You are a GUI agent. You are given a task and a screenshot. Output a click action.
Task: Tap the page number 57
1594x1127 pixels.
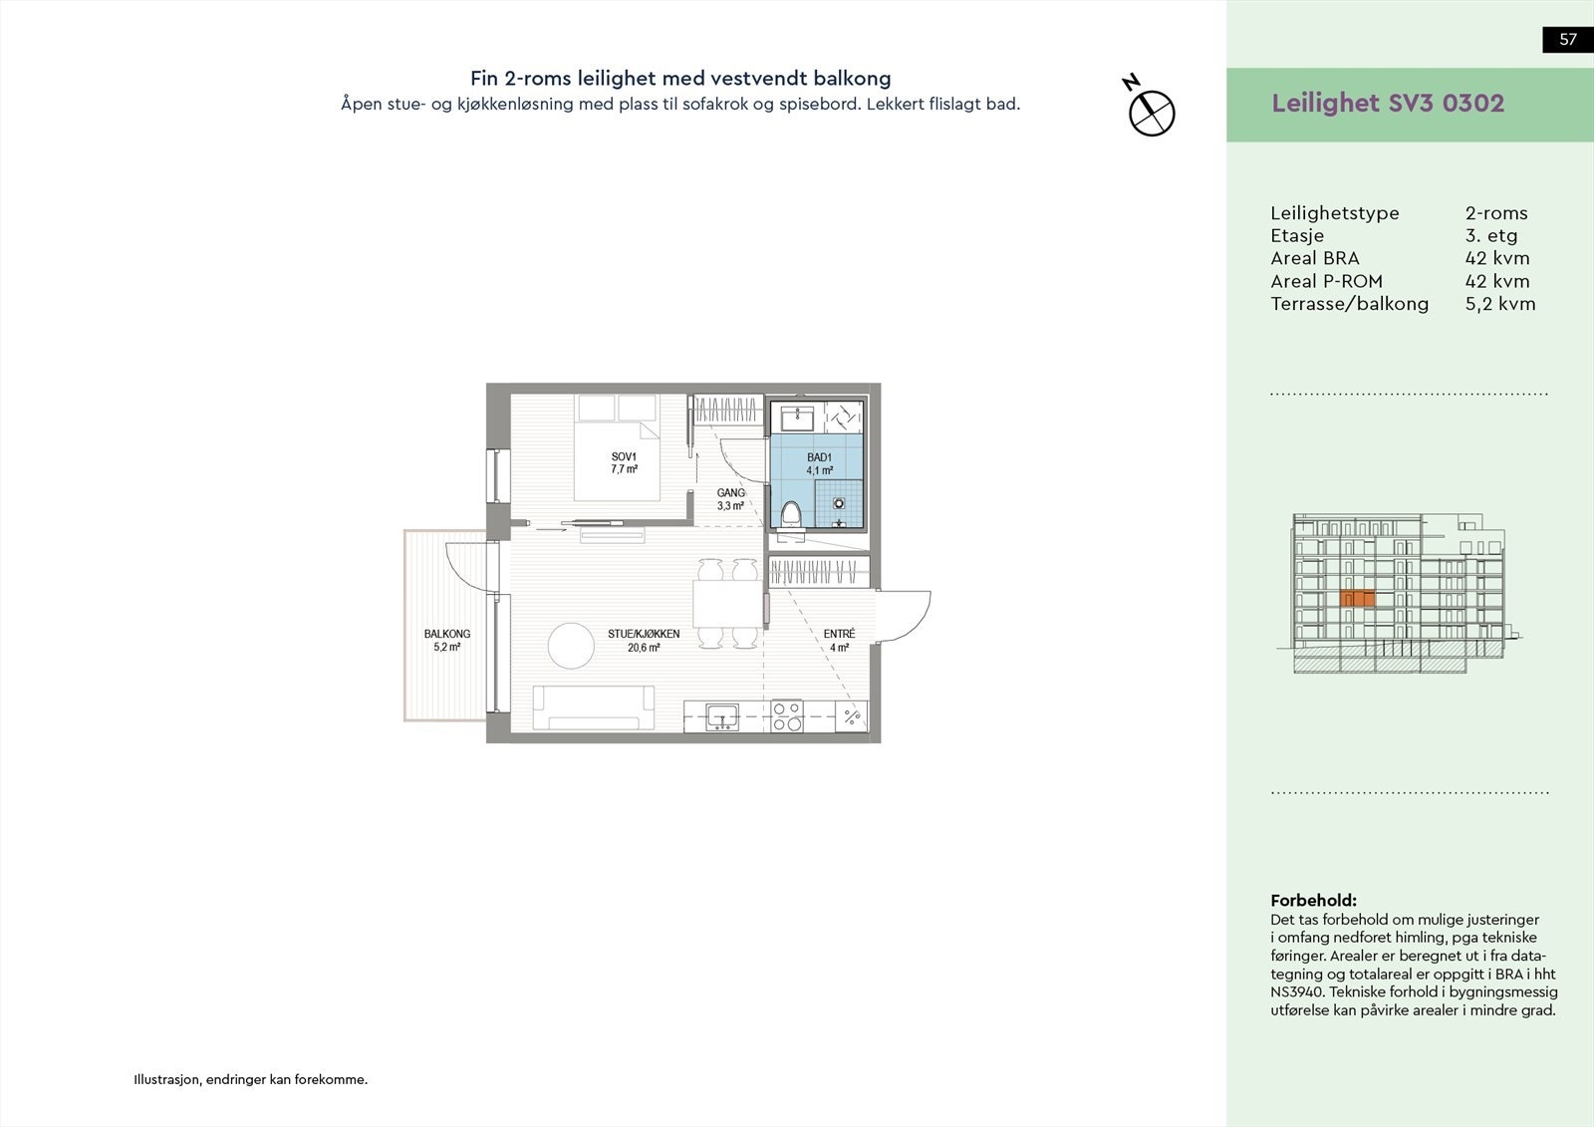1568,39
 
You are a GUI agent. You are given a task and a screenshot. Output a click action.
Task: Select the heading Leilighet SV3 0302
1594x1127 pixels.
1388,104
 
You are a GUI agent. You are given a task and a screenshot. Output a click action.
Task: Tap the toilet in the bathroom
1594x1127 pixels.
791,515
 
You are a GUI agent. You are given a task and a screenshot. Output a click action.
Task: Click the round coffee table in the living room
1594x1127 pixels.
571,646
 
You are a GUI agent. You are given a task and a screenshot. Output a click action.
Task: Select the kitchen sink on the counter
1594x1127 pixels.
722,716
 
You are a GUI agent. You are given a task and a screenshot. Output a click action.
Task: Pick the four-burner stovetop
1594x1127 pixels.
787,716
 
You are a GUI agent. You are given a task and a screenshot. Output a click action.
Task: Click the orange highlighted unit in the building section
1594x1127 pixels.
1357,599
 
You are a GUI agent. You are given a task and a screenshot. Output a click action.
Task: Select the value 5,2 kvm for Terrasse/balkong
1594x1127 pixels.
1500,304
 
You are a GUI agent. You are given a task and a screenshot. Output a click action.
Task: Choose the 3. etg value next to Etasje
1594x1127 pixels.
1491,235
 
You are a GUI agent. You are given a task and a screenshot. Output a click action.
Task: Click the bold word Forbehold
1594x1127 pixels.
1314,900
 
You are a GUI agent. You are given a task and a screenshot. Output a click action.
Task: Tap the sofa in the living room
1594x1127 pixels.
594,707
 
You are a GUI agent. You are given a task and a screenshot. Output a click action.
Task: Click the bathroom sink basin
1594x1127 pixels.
797,418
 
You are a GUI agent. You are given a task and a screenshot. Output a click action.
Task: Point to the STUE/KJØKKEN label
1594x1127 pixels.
644,634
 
